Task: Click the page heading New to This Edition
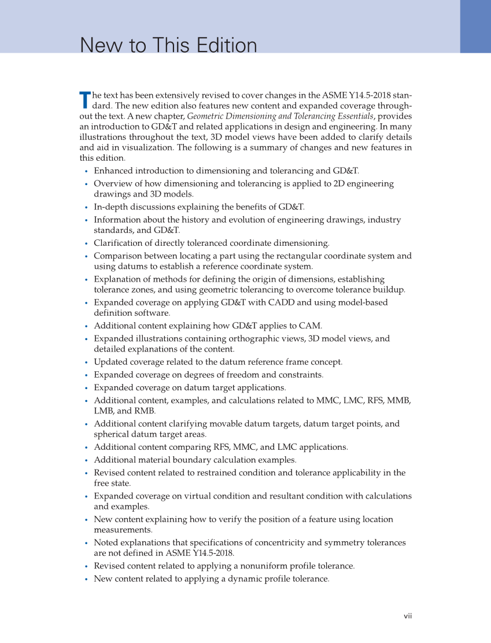(168, 46)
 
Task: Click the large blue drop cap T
(84, 99)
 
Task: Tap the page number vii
(408, 616)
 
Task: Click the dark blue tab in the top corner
(475, 26)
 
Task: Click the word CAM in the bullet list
(309, 326)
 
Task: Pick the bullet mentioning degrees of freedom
(208, 375)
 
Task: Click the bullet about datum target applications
(190, 387)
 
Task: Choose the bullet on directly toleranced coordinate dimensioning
(212, 243)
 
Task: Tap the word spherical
(110, 434)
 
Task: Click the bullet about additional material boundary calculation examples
(195, 460)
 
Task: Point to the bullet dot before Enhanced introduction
(86, 171)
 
